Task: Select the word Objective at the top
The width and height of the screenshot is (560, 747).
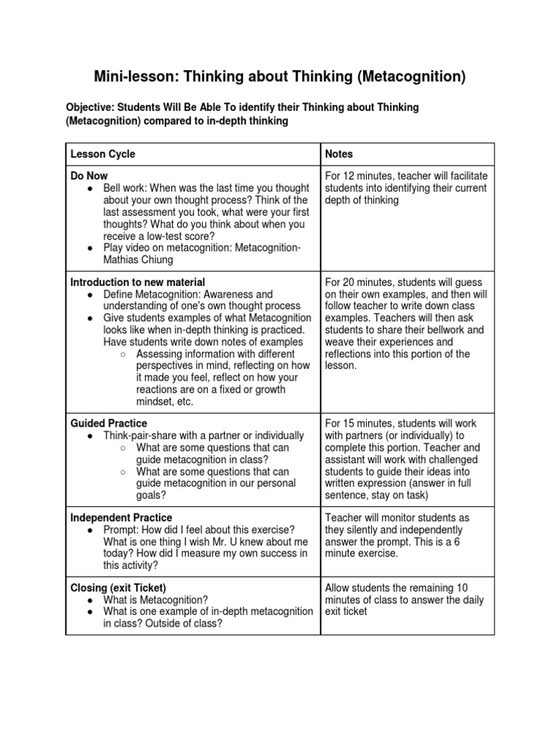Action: click(90, 107)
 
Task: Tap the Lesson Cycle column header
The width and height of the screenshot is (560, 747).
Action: click(103, 154)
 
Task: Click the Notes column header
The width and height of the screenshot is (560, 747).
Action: click(339, 154)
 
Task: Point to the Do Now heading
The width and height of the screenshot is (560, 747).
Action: click(89, 177)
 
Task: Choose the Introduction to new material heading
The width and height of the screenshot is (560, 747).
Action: click(137, 282)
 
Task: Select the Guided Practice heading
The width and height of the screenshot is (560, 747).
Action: click(109, 423)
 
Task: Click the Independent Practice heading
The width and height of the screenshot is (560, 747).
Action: click(121, 518)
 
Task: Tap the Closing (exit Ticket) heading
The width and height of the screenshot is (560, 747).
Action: click(118, 588)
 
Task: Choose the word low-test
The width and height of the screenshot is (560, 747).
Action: click(162, 236)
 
